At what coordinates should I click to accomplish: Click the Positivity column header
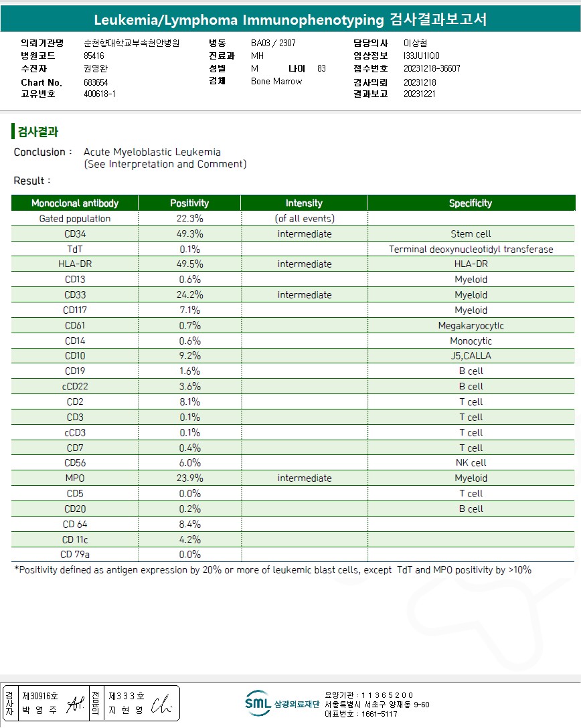pyautogui.click(x=189, y=203)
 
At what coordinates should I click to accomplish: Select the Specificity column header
pyautogui.click(x=470, y=203)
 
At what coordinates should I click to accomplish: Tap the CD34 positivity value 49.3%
pyautogui.click(x=189, y=234)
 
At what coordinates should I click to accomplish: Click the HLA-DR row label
pyautogui.click(x=75, y=264)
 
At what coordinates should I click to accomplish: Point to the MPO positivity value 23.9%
pyautogui.click(x=189, y=478)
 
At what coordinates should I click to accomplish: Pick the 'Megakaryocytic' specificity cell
pyautogui.click(x=471, y=325)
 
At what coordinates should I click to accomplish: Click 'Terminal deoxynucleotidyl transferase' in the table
pyautogui.click(x=471, y=249)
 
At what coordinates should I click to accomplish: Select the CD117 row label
pyautogui.click(x=75, y=310)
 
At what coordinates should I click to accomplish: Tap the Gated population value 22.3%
pyautogui.click(x=189, y=218)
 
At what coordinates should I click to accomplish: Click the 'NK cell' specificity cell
pyautogui.click(x=471, y=462)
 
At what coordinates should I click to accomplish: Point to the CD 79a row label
pyautogui.click(x=75, y=554)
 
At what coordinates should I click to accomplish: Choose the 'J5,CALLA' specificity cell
pyautogui.click(x=471, y=356)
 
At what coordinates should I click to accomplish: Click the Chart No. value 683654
pyautogui.click(x=96, y=82)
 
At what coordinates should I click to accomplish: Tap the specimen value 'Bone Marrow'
pyautogui.click(x=276, y=81)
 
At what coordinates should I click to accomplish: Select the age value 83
pyautogui.click(x=321, y=68)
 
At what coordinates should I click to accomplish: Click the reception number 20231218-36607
pyautogui.click(x=432, y=68)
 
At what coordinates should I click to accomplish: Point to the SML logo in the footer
pyautogui.click(x=258, y=703)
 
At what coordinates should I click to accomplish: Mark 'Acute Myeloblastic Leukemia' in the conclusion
pyautogui.click(x=152, y=152)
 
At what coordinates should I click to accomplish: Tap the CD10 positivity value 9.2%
pyautogui.click(x=189, y=356)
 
